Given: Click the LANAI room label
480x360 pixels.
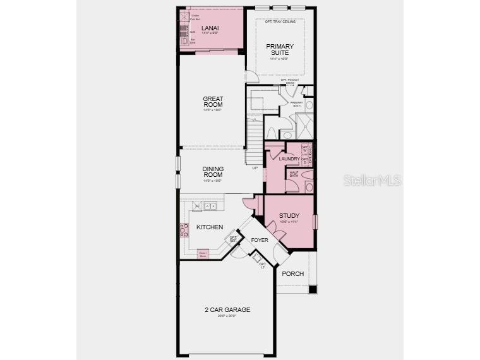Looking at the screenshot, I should pos(210,28).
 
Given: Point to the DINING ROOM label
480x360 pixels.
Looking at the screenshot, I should pos(213,172).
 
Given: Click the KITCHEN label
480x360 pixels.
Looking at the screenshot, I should pos(209,227).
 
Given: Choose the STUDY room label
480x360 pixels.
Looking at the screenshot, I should pos(289,216).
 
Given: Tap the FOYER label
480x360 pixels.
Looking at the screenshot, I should pos(260,241).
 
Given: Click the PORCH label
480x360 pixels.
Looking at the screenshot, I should pos(292,274).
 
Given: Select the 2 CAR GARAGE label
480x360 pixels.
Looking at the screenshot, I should pos(227,309).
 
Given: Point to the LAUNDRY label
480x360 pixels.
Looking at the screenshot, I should pos(289,159).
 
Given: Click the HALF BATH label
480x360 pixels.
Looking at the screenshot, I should pos(294,174).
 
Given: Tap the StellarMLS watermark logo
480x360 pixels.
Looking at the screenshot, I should pos(372,180).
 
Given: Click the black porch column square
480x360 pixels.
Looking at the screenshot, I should pos(312,289).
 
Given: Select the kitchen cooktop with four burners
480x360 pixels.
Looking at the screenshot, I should pos(185,231).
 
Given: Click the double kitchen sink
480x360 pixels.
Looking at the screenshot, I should pos(210,206).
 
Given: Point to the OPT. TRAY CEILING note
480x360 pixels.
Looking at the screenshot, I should pos(280,22).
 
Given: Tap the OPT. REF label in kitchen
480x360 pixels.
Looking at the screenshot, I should pos(233,239).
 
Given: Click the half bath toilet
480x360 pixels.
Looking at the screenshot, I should pos(309,188).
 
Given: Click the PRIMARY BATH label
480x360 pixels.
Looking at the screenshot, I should pos(296,104).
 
